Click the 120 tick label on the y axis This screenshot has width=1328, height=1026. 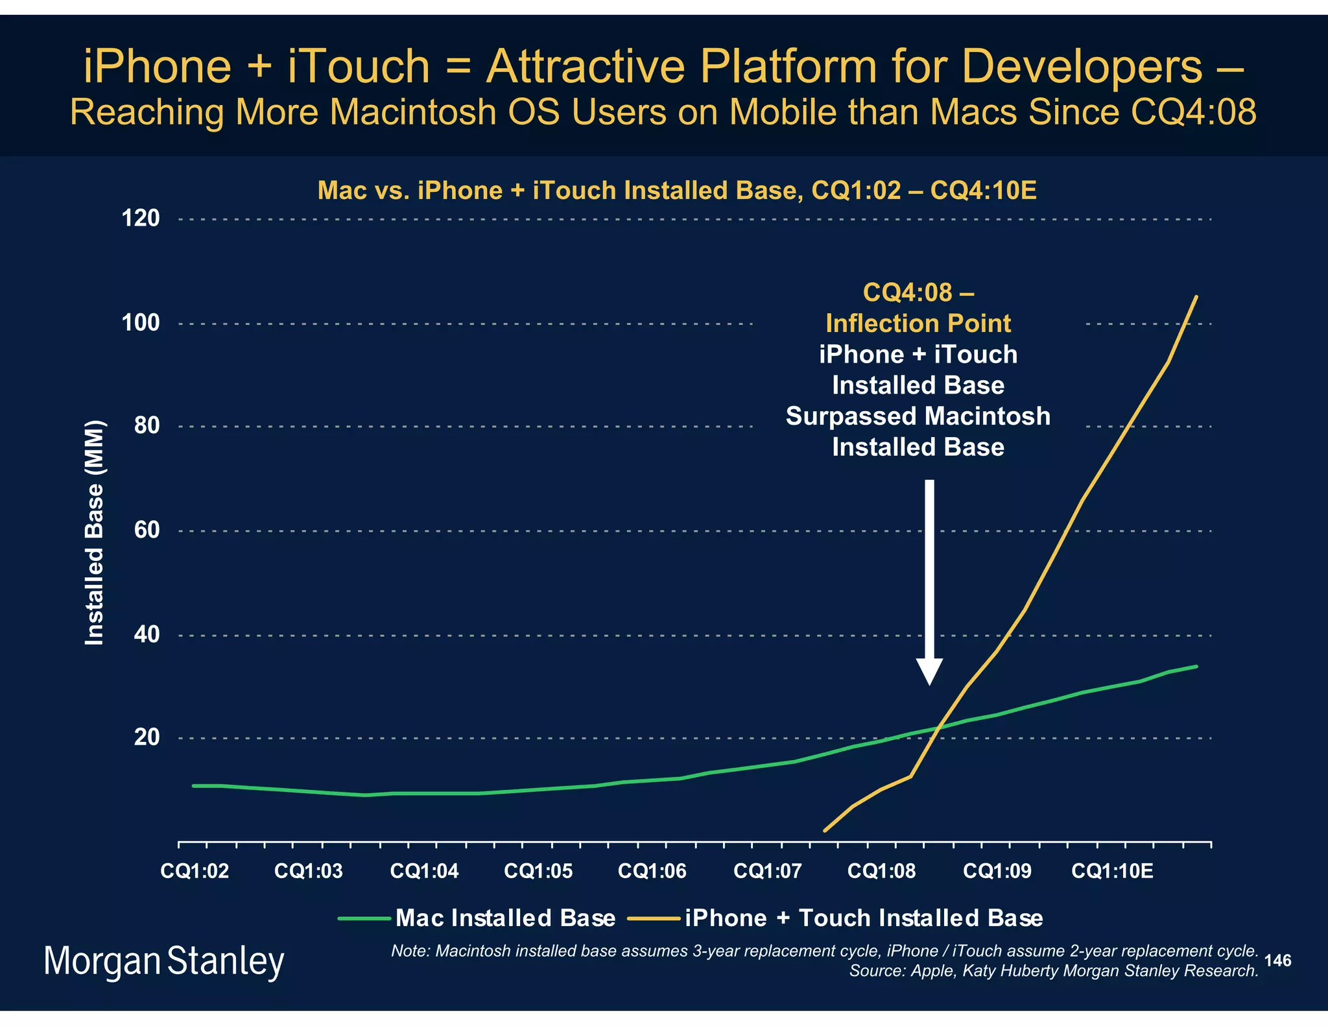pos(141,219)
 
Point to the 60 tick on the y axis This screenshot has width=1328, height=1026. pos(147,530)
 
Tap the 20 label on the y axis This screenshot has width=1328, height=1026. pos(147,737)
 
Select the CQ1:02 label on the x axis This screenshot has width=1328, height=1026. pos(195,871)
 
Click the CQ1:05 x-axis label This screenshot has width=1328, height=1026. pos(538,871)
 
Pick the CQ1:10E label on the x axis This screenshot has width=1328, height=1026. pos(1112,871)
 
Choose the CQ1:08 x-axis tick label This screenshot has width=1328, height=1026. pos(881,871)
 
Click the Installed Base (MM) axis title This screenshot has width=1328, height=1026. pos(95,533)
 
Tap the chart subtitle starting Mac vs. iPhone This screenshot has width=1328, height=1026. pos(676,191)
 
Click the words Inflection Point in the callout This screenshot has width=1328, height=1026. pos(918,323)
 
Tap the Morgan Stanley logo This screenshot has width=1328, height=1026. pos(163,961)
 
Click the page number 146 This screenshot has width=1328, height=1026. pos(1277,960)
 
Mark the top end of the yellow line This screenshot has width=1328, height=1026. pos(1196,297)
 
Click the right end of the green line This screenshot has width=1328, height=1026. pos(1196,666)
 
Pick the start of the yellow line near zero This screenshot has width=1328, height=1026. pos(824,831)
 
